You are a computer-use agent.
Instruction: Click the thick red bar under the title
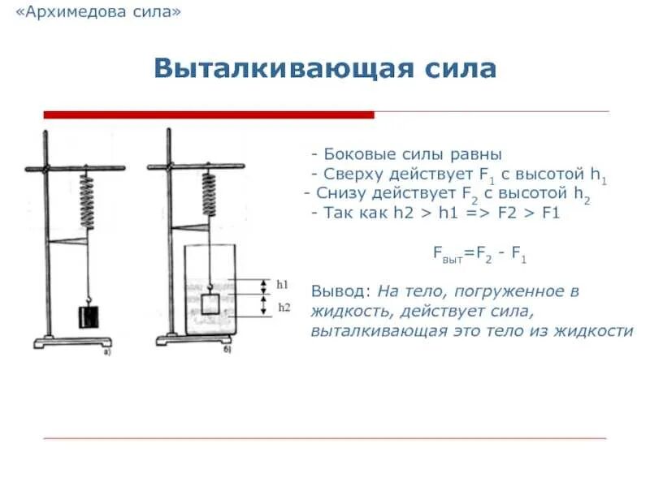pyautogui.click(x=208, y=114)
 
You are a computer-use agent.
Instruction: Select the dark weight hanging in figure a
pyautogui.click(x=87, y=316)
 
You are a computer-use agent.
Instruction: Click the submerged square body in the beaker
pyautogui.click(x=210, y=304)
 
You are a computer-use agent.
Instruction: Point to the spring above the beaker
pyautogui.click(x=210, y=192)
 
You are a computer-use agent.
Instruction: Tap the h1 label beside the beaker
pyautogui.click(x=283, y=284)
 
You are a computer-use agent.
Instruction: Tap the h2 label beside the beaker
pyautogui.click(x=284, y=307)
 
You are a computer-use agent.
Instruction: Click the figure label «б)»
pyautogui.click(x=227, y=351)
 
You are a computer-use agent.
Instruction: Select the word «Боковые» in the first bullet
pyautogui.click(x=356, y=154)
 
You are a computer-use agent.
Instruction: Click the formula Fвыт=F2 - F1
pyautogui.click(x=479, y=255)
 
